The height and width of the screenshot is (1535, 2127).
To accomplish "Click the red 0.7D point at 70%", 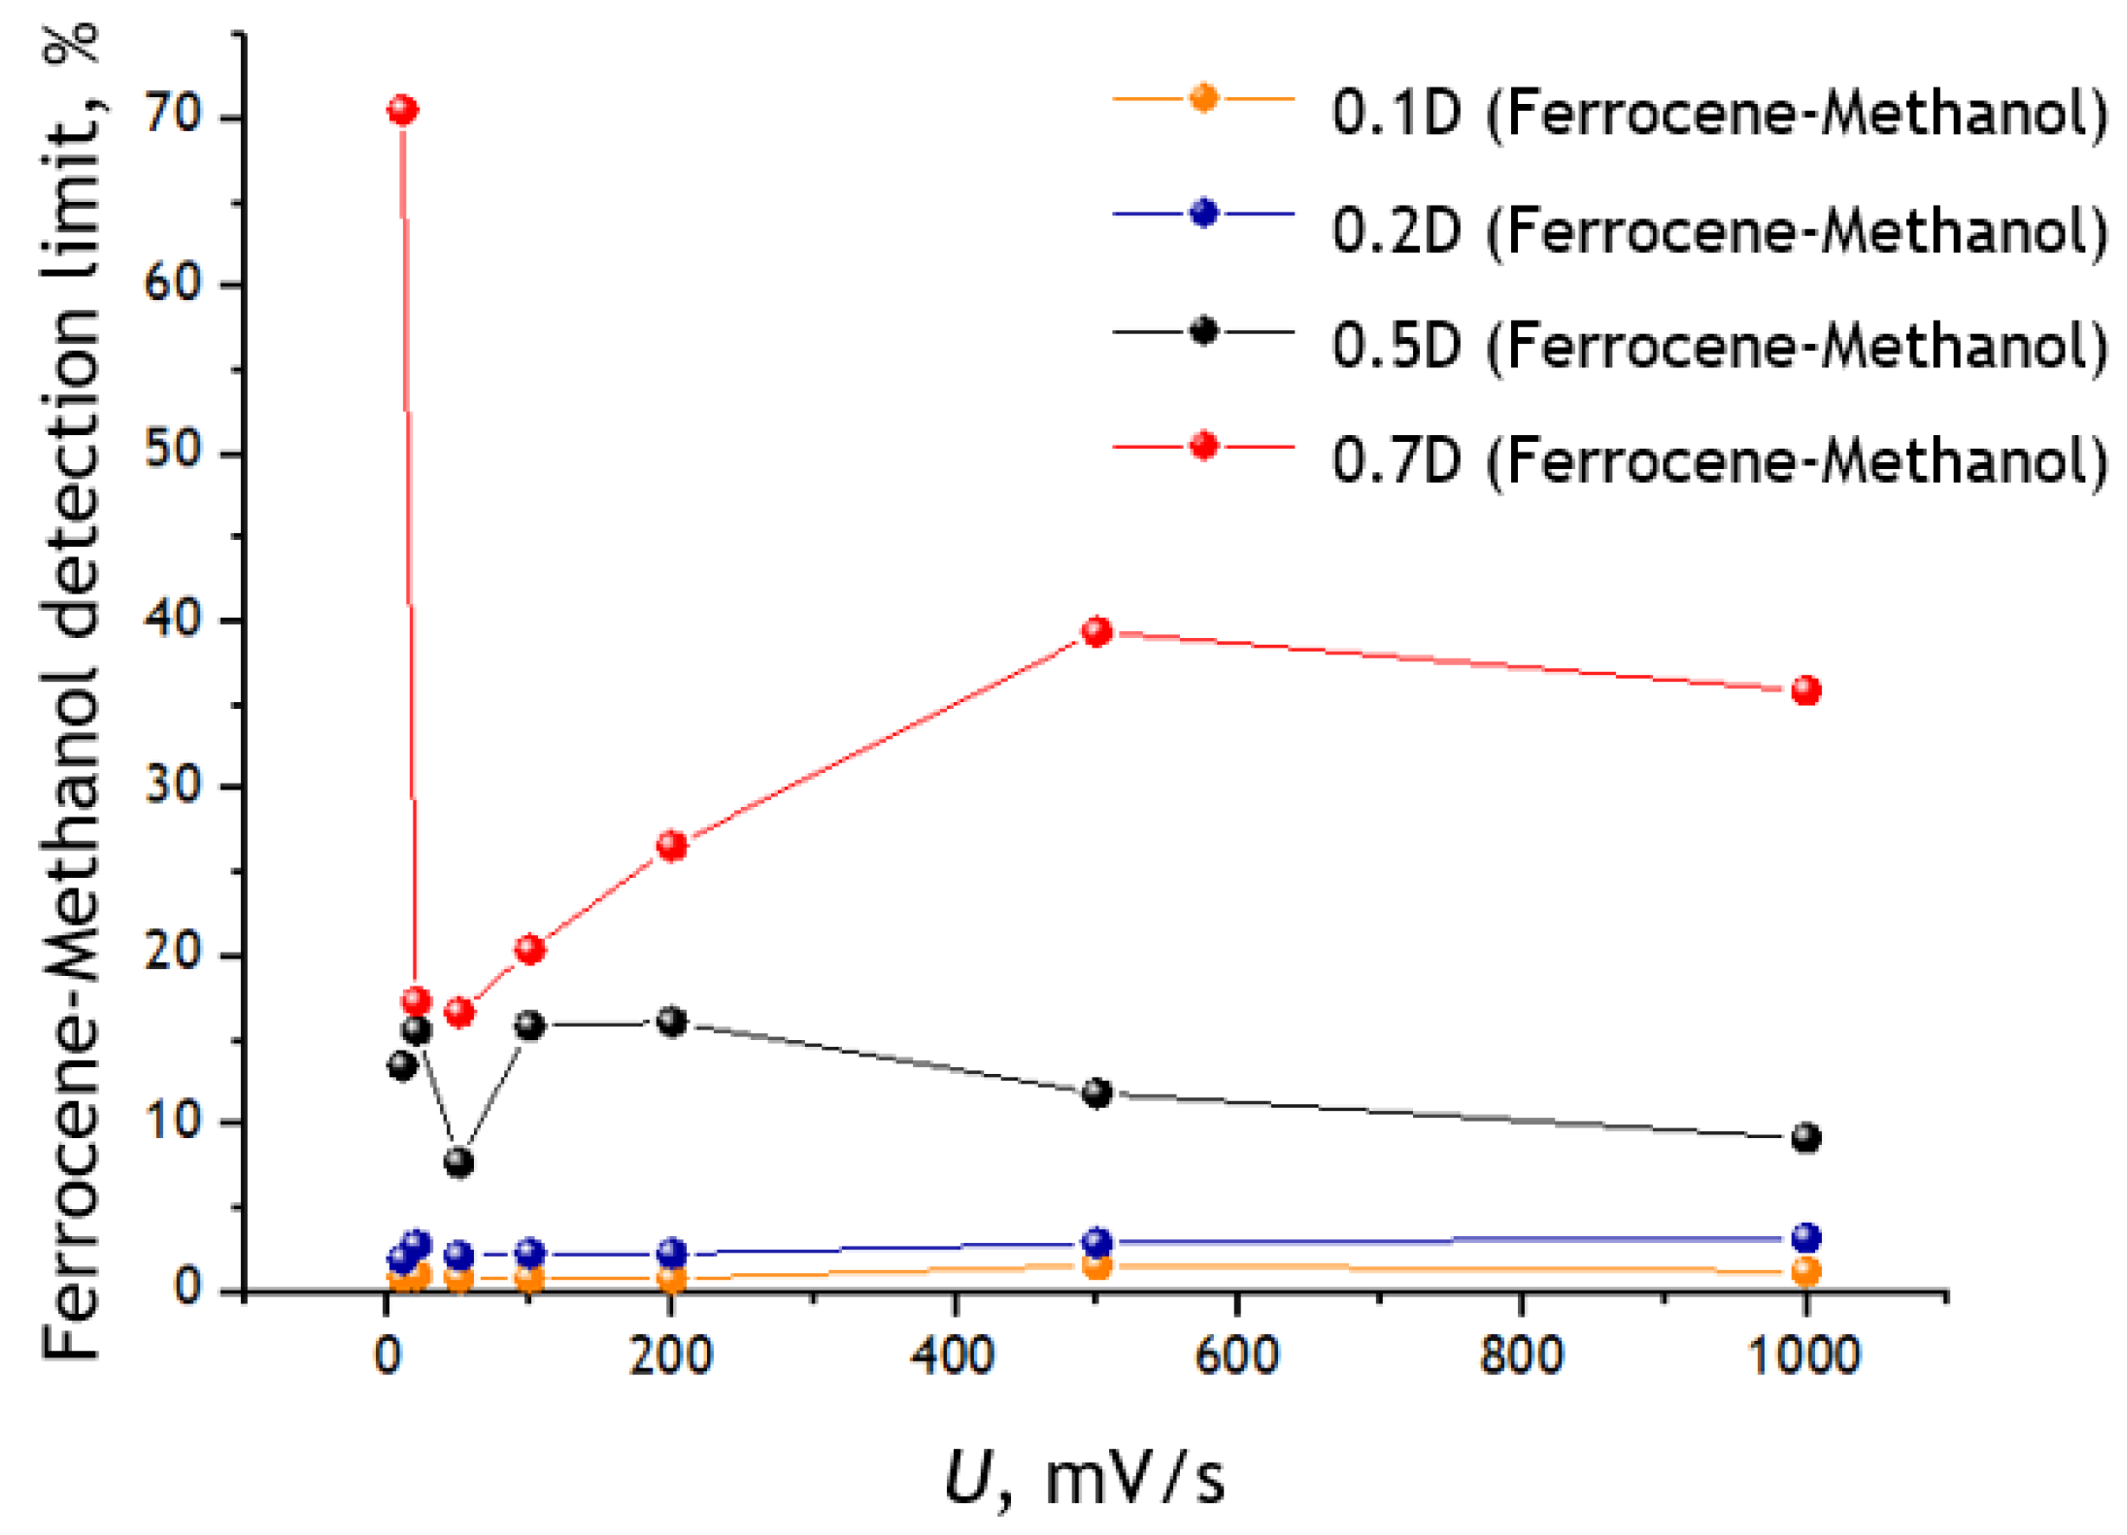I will pos(402,110).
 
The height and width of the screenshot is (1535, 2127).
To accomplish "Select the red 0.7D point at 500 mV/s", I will pos(1096,632).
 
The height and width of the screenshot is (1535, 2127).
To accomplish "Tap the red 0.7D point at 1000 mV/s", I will pos(1806,691).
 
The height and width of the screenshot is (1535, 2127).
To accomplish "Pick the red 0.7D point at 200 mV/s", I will pos(671,845).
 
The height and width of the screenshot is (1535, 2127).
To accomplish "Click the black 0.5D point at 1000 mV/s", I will pos(1806,1138).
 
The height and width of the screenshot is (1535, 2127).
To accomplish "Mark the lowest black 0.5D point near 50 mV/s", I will pos(458,1162).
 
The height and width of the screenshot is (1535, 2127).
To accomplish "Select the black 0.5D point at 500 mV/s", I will pos(1096,1093).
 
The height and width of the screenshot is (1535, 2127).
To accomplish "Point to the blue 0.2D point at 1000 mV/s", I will pos(1806,1238).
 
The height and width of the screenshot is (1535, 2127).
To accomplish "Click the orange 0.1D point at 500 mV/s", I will pos(1096,1265).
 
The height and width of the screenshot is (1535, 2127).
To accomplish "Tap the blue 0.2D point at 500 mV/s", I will pos(1096,1242).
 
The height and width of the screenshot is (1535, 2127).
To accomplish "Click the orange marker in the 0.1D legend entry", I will pos(1203,98).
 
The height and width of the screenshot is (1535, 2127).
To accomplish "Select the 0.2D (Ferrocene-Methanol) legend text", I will pos(1719,230).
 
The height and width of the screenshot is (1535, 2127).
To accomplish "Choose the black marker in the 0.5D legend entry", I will pos(1203,330).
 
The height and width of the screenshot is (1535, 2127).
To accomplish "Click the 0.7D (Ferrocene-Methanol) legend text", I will pos(1719,461).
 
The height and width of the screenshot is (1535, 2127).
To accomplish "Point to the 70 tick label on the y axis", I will pos(173,115).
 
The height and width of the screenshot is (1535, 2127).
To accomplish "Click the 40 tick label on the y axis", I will pos(173,621).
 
